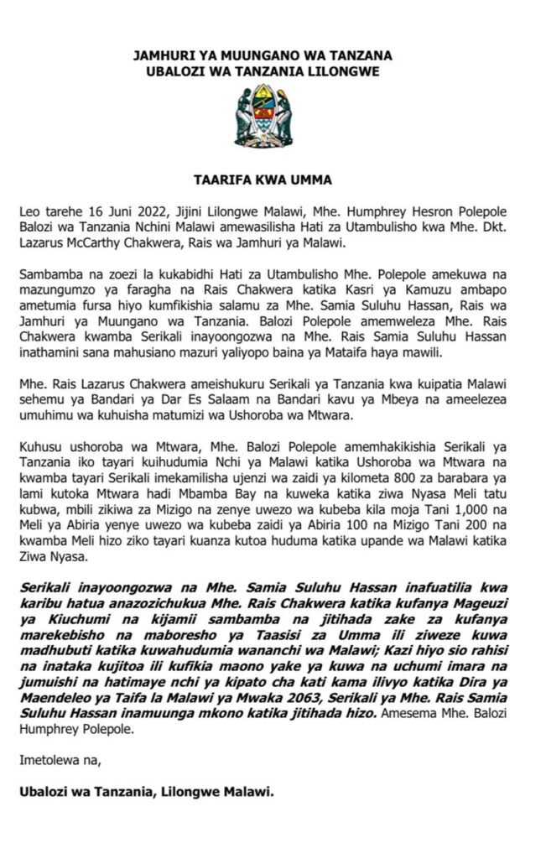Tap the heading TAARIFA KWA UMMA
coord(273,179)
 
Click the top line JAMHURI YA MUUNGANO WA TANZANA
coord(273,56)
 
